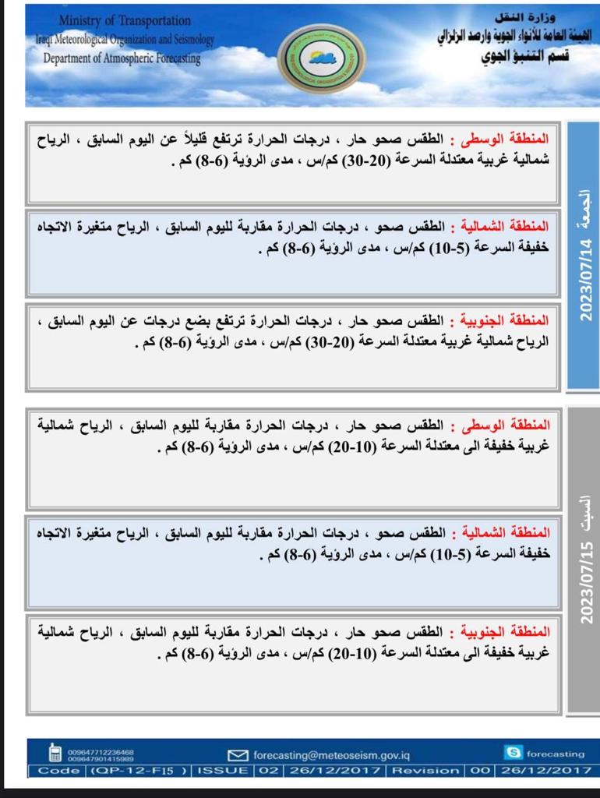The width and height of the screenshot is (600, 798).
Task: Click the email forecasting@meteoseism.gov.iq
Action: click(x=332, y=754)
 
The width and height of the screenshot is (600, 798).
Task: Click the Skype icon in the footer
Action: click(x=514, y=753)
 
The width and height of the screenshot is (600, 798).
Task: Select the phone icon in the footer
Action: click(x=55, y=754)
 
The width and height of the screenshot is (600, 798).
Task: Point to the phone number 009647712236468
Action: click(x=101, y=750)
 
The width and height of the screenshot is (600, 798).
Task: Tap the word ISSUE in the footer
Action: click(x=224, y=771)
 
